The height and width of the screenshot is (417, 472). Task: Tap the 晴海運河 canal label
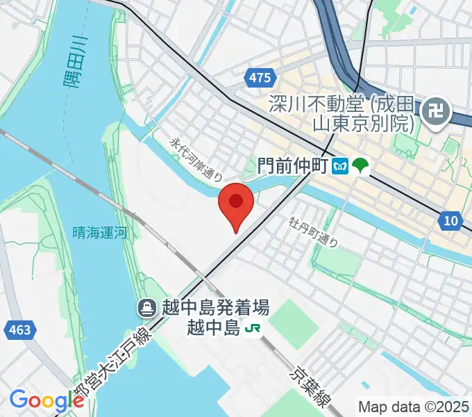tap(100, 234)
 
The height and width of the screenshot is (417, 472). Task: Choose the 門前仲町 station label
tap(292, 166)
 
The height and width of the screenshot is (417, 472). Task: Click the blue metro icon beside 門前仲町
tap(341, 166)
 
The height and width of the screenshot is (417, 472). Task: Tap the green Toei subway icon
tap(361, 166)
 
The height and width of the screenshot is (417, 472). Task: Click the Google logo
tap(46, 400)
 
